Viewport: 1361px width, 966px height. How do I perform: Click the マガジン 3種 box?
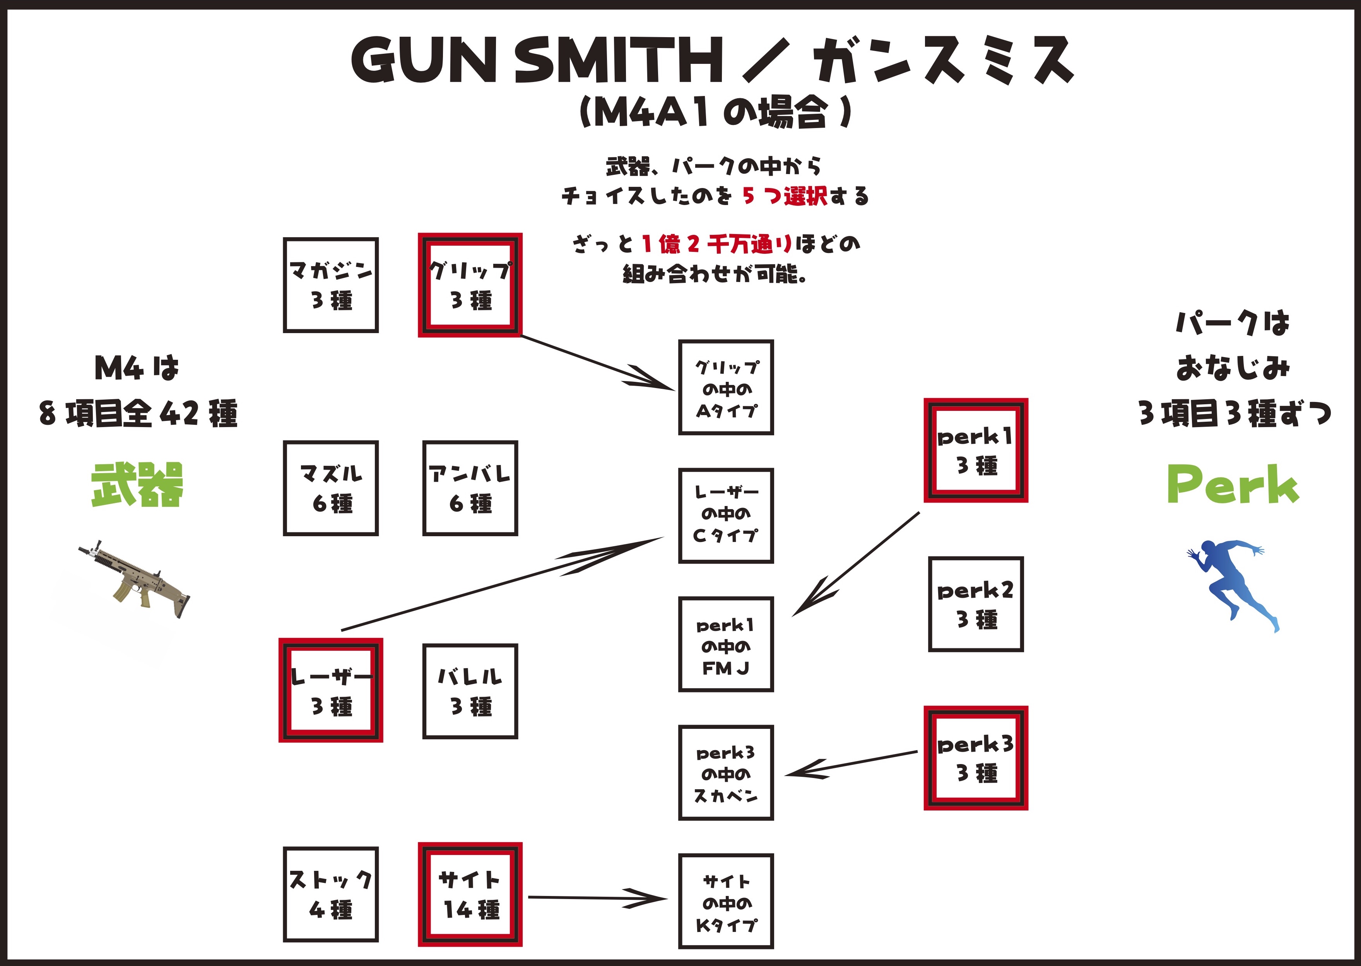tap(331, 285)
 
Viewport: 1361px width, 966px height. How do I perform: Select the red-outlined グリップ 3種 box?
tap(470, 285)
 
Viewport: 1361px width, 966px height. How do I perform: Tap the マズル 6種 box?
tap(331, 488)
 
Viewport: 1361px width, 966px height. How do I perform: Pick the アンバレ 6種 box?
tap(470, 488)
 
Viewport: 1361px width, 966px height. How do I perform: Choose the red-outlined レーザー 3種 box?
tap(331, 690)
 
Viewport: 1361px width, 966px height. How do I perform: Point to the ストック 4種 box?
tap(331, 894)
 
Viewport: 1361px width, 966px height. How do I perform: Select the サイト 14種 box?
tap(470, 894)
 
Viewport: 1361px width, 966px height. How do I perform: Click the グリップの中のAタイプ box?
tap(726, 387)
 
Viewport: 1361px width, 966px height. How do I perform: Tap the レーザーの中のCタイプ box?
tap(726, 516)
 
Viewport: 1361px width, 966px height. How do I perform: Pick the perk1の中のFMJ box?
tap(726, 644)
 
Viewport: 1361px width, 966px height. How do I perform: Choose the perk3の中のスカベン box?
tap(726, 773)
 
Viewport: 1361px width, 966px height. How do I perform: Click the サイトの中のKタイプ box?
tap(726, 901)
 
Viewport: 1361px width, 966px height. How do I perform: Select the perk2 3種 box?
tap(976, 604)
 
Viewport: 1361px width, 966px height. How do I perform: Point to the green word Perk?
tap(1233, 484)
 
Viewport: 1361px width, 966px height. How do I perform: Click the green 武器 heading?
tap(137, 484)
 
